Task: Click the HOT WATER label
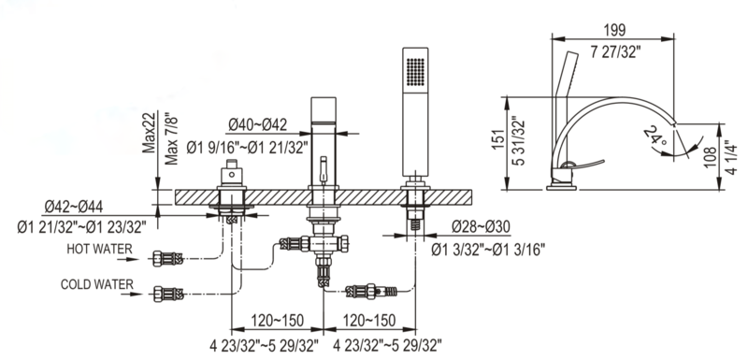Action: point(99,249)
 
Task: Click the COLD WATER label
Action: point(97,284)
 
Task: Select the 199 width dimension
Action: point(614,30)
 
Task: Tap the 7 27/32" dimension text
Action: point(615,51)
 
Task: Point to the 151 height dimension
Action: point(498,139)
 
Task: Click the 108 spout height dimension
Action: point(710,157)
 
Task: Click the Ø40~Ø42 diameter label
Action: point(258,125)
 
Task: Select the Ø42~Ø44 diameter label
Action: point(74,207)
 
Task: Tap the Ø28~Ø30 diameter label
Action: point(481,226)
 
